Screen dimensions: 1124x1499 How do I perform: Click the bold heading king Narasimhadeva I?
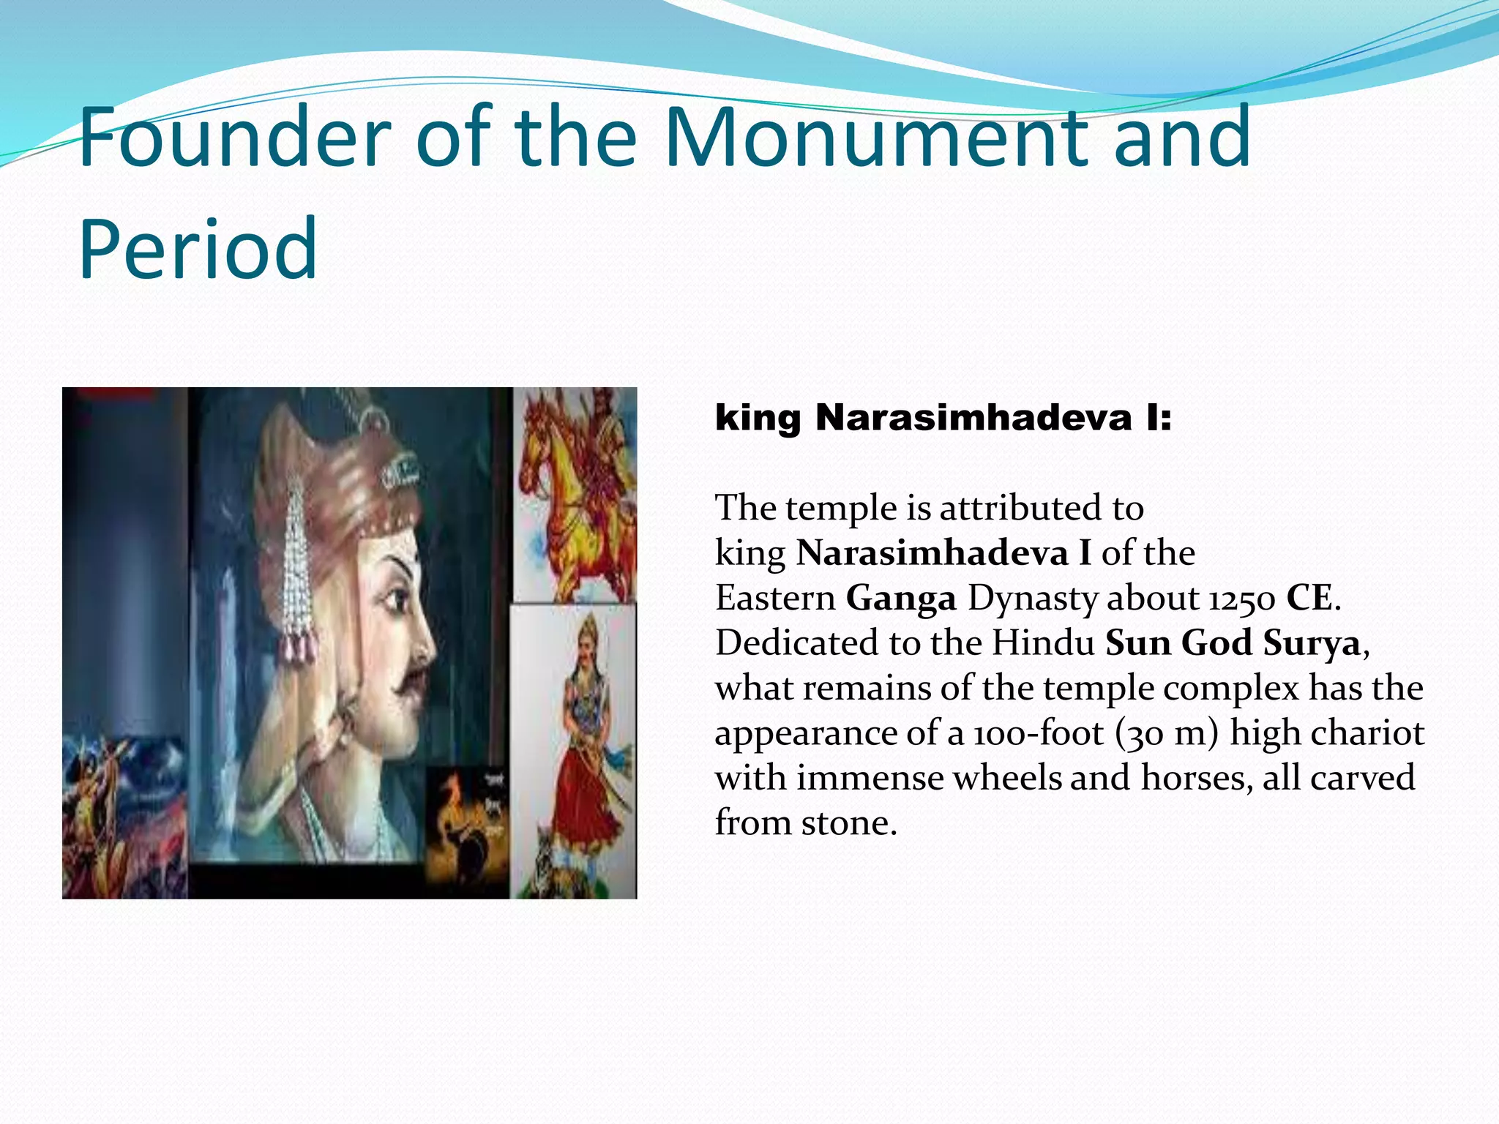[x=943, y=418]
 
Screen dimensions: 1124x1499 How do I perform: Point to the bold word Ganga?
[x=901, y=598]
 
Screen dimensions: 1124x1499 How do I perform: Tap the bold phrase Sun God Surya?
[x=1233, y=643]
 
